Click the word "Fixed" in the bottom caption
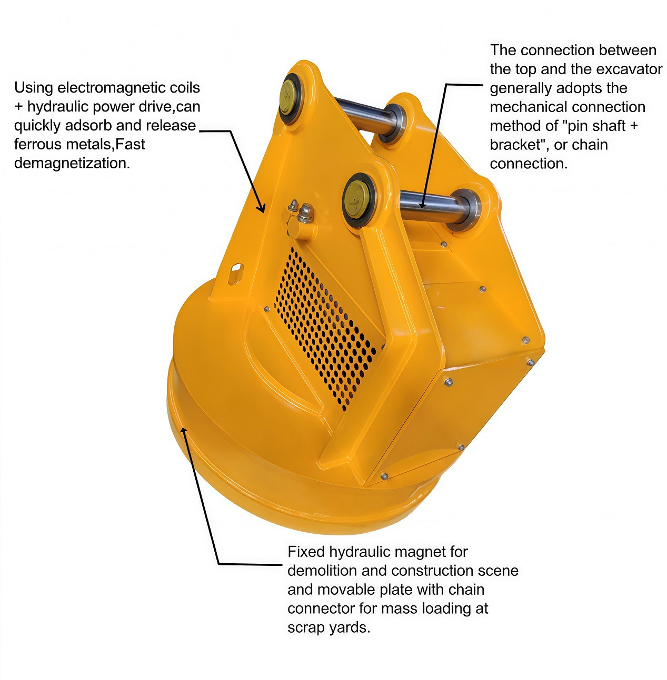pyautogui.click(x=306, y=552)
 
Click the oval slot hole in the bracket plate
pyautogui.click(x=236, y=274)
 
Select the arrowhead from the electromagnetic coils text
pyautogui.click(x=262, y=207)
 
